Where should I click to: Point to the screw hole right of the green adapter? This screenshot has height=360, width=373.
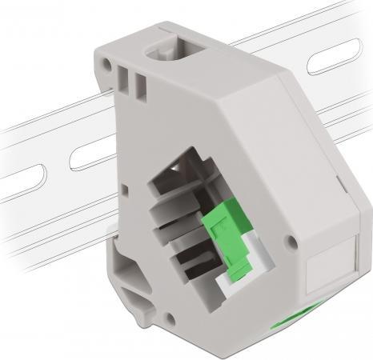tap(294, 240)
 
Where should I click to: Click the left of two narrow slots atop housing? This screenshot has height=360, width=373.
tap(122, 78)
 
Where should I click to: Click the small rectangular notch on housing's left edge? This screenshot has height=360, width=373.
tap(126, 189)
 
